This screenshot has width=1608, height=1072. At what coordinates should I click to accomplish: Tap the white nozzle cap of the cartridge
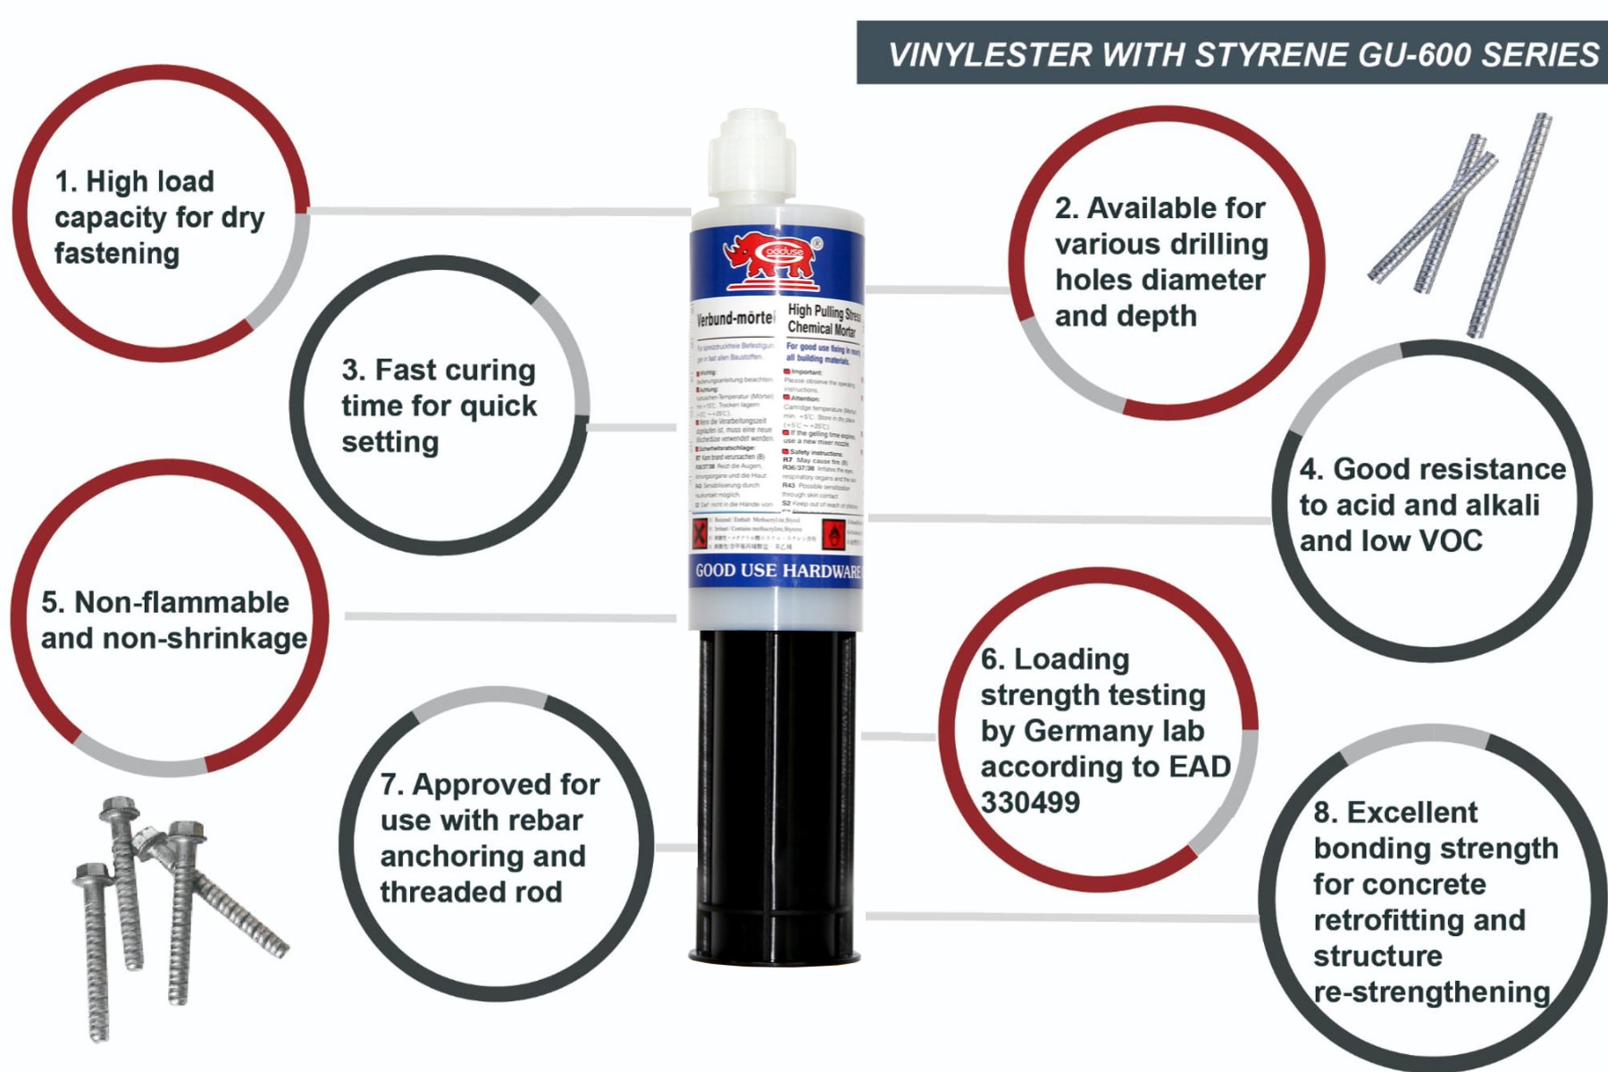(752, 156)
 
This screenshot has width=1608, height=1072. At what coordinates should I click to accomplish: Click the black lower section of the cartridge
(775, 786)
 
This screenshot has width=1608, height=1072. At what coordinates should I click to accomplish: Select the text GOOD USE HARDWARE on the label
(777, 571)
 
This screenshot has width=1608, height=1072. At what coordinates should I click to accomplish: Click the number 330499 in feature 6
(1030, 802)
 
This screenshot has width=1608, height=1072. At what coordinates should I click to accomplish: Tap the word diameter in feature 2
(1211, 280)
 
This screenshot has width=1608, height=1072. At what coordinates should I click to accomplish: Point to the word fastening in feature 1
(116, 254)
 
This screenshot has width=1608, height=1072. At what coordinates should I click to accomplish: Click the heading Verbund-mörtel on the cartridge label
(735, 318)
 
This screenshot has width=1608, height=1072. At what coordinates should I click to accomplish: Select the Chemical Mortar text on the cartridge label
(821, 328)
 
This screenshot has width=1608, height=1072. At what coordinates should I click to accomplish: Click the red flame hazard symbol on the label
(833, 535)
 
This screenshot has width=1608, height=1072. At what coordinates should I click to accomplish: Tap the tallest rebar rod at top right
(1510, 223)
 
